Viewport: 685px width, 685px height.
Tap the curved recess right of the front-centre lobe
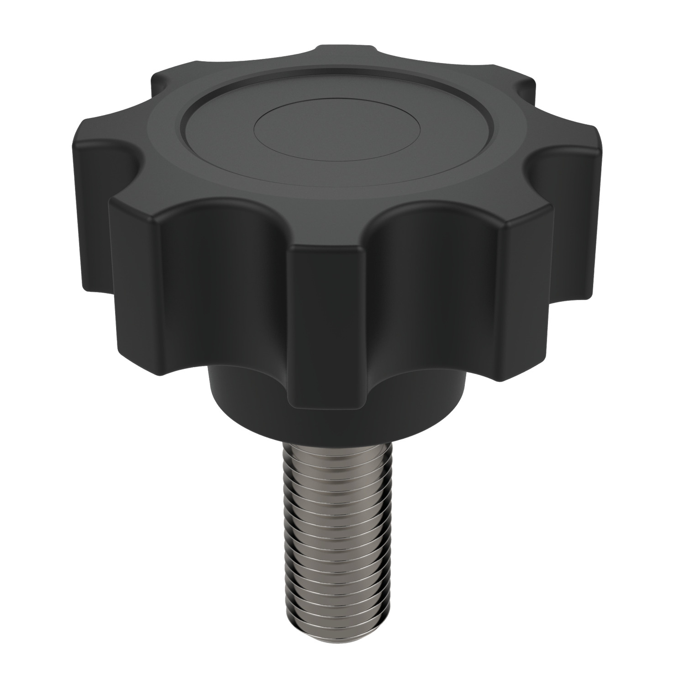pos(434,297)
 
